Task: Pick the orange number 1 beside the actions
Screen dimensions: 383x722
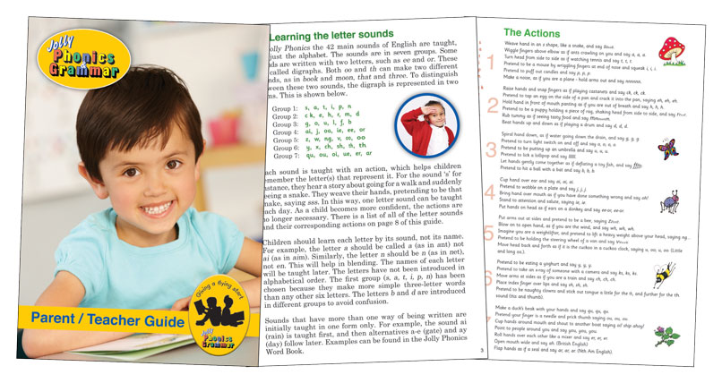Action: [x=489, y=63]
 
